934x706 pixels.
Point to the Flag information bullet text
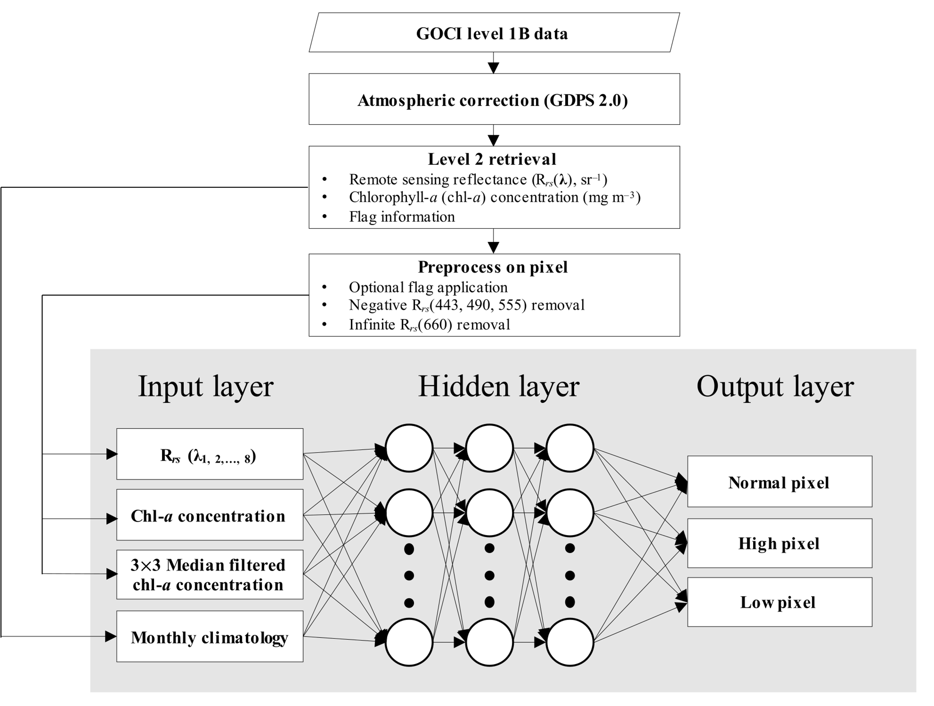[x=402, y=216]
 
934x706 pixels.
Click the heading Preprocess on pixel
[x=492, y=267]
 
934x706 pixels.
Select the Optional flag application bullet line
[x=428, y=287]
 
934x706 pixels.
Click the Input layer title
[x=206, y=386]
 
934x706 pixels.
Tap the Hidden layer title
[x=498, y=386]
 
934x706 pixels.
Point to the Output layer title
[x=775, y=386]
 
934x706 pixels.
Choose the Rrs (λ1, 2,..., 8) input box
[x=210, y=454]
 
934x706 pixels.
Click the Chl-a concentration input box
[x=210, y=515]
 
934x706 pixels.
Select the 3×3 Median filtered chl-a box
[x=210, y=574]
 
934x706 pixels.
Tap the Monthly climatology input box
[x=210, y=637]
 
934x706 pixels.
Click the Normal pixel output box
[x=779, y=482]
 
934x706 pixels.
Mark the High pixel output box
[x=779, y=543]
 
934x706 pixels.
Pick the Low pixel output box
[x=779, y=602]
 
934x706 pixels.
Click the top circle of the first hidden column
[x=409, y=448]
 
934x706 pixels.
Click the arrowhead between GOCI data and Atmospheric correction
[x=493, y=68]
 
